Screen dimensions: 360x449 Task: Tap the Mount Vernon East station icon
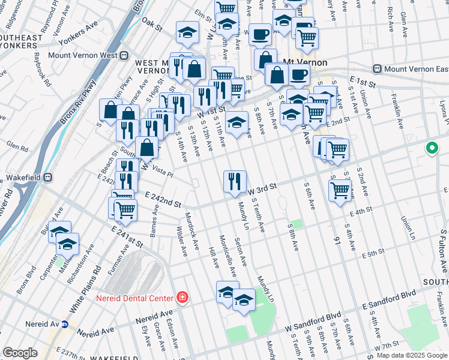(378, 69)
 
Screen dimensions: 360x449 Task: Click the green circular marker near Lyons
(432, 148)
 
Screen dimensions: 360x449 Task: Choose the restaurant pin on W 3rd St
(235, 181)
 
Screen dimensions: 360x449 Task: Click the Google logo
(20, 353)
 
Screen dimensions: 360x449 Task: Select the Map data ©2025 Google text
(411, 355)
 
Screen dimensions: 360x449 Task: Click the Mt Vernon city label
(304, 62)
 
